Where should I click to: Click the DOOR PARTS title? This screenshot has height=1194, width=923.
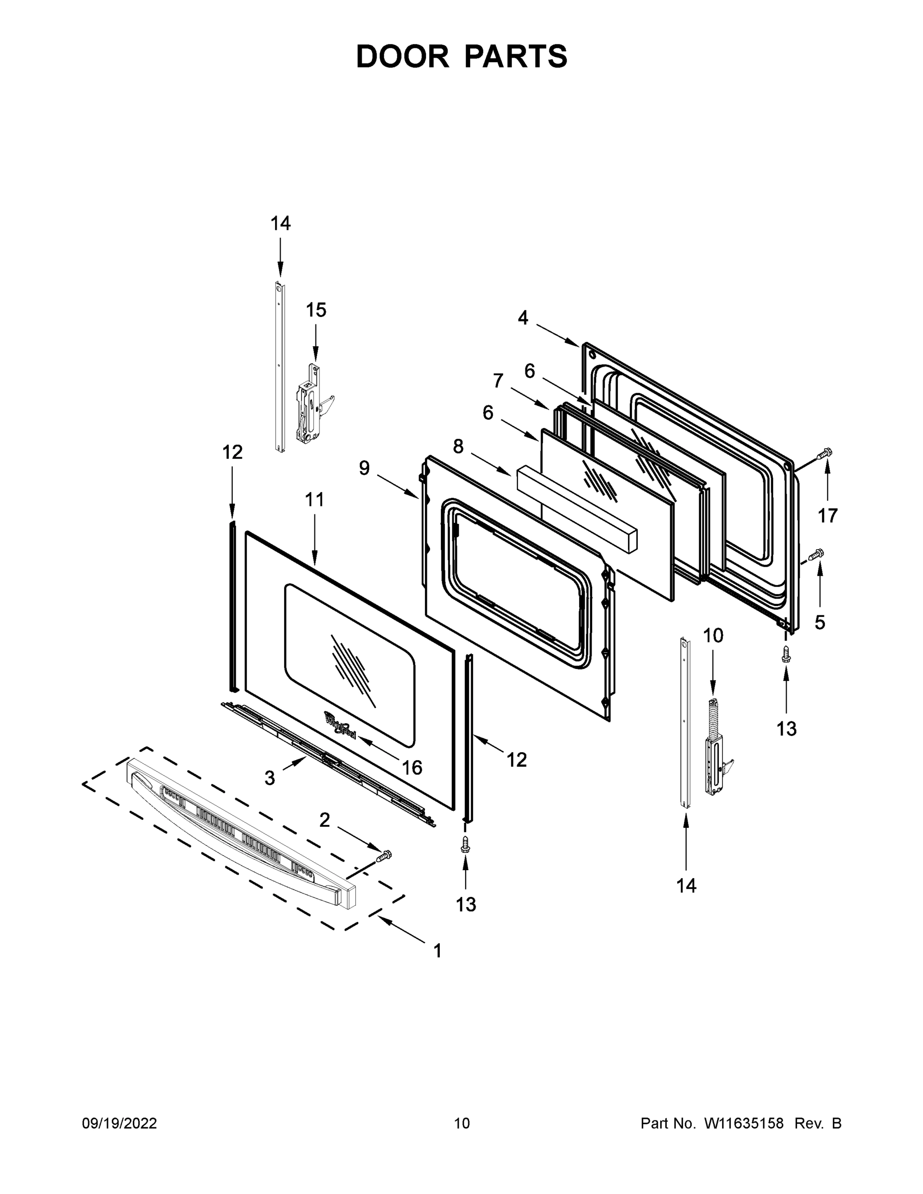coord(462,57)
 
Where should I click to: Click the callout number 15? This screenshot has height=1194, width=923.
coord(315,310)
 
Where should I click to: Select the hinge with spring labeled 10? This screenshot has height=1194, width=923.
coord(717,748)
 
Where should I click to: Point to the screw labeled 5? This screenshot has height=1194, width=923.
coord(817,554)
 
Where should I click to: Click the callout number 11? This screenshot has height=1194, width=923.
coord(314,499)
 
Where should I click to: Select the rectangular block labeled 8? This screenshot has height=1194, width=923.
coord(577,509)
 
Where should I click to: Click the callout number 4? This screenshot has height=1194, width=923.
coord(523,317)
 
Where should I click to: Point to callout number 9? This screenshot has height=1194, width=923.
coord(364,468)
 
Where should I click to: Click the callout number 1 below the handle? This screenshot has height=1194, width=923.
coord(437,951)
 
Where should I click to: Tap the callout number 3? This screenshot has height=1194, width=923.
coord(270,778)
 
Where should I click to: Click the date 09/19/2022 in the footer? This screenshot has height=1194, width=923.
coord(119,1123)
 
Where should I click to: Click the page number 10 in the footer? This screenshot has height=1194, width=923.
coord(462,1123)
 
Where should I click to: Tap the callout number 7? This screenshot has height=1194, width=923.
coord(498,381)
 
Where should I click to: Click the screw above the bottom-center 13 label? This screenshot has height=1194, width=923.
coord(465,845)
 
